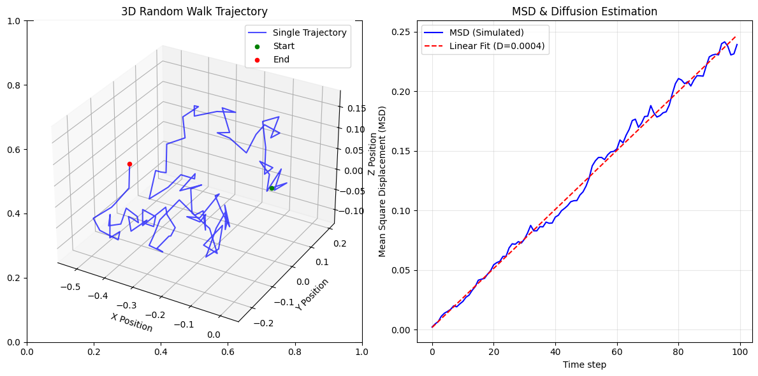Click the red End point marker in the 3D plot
pos(129,164)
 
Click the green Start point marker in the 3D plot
pos(272,188)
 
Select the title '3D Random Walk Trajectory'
pos(194,11)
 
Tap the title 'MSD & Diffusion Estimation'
pos(585,11)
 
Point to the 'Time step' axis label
pos(584,365)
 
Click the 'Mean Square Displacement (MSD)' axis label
pos(383,182)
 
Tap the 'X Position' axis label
pos(132,322)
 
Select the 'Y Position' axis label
pos(312,294)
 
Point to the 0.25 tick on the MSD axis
pos(402,32)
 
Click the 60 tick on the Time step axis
pos(617,351)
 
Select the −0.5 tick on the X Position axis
pos(69,287)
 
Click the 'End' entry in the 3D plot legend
pos(281,59)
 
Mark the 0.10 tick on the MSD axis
pos(402,211)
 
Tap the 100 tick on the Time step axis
pos(740,351)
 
